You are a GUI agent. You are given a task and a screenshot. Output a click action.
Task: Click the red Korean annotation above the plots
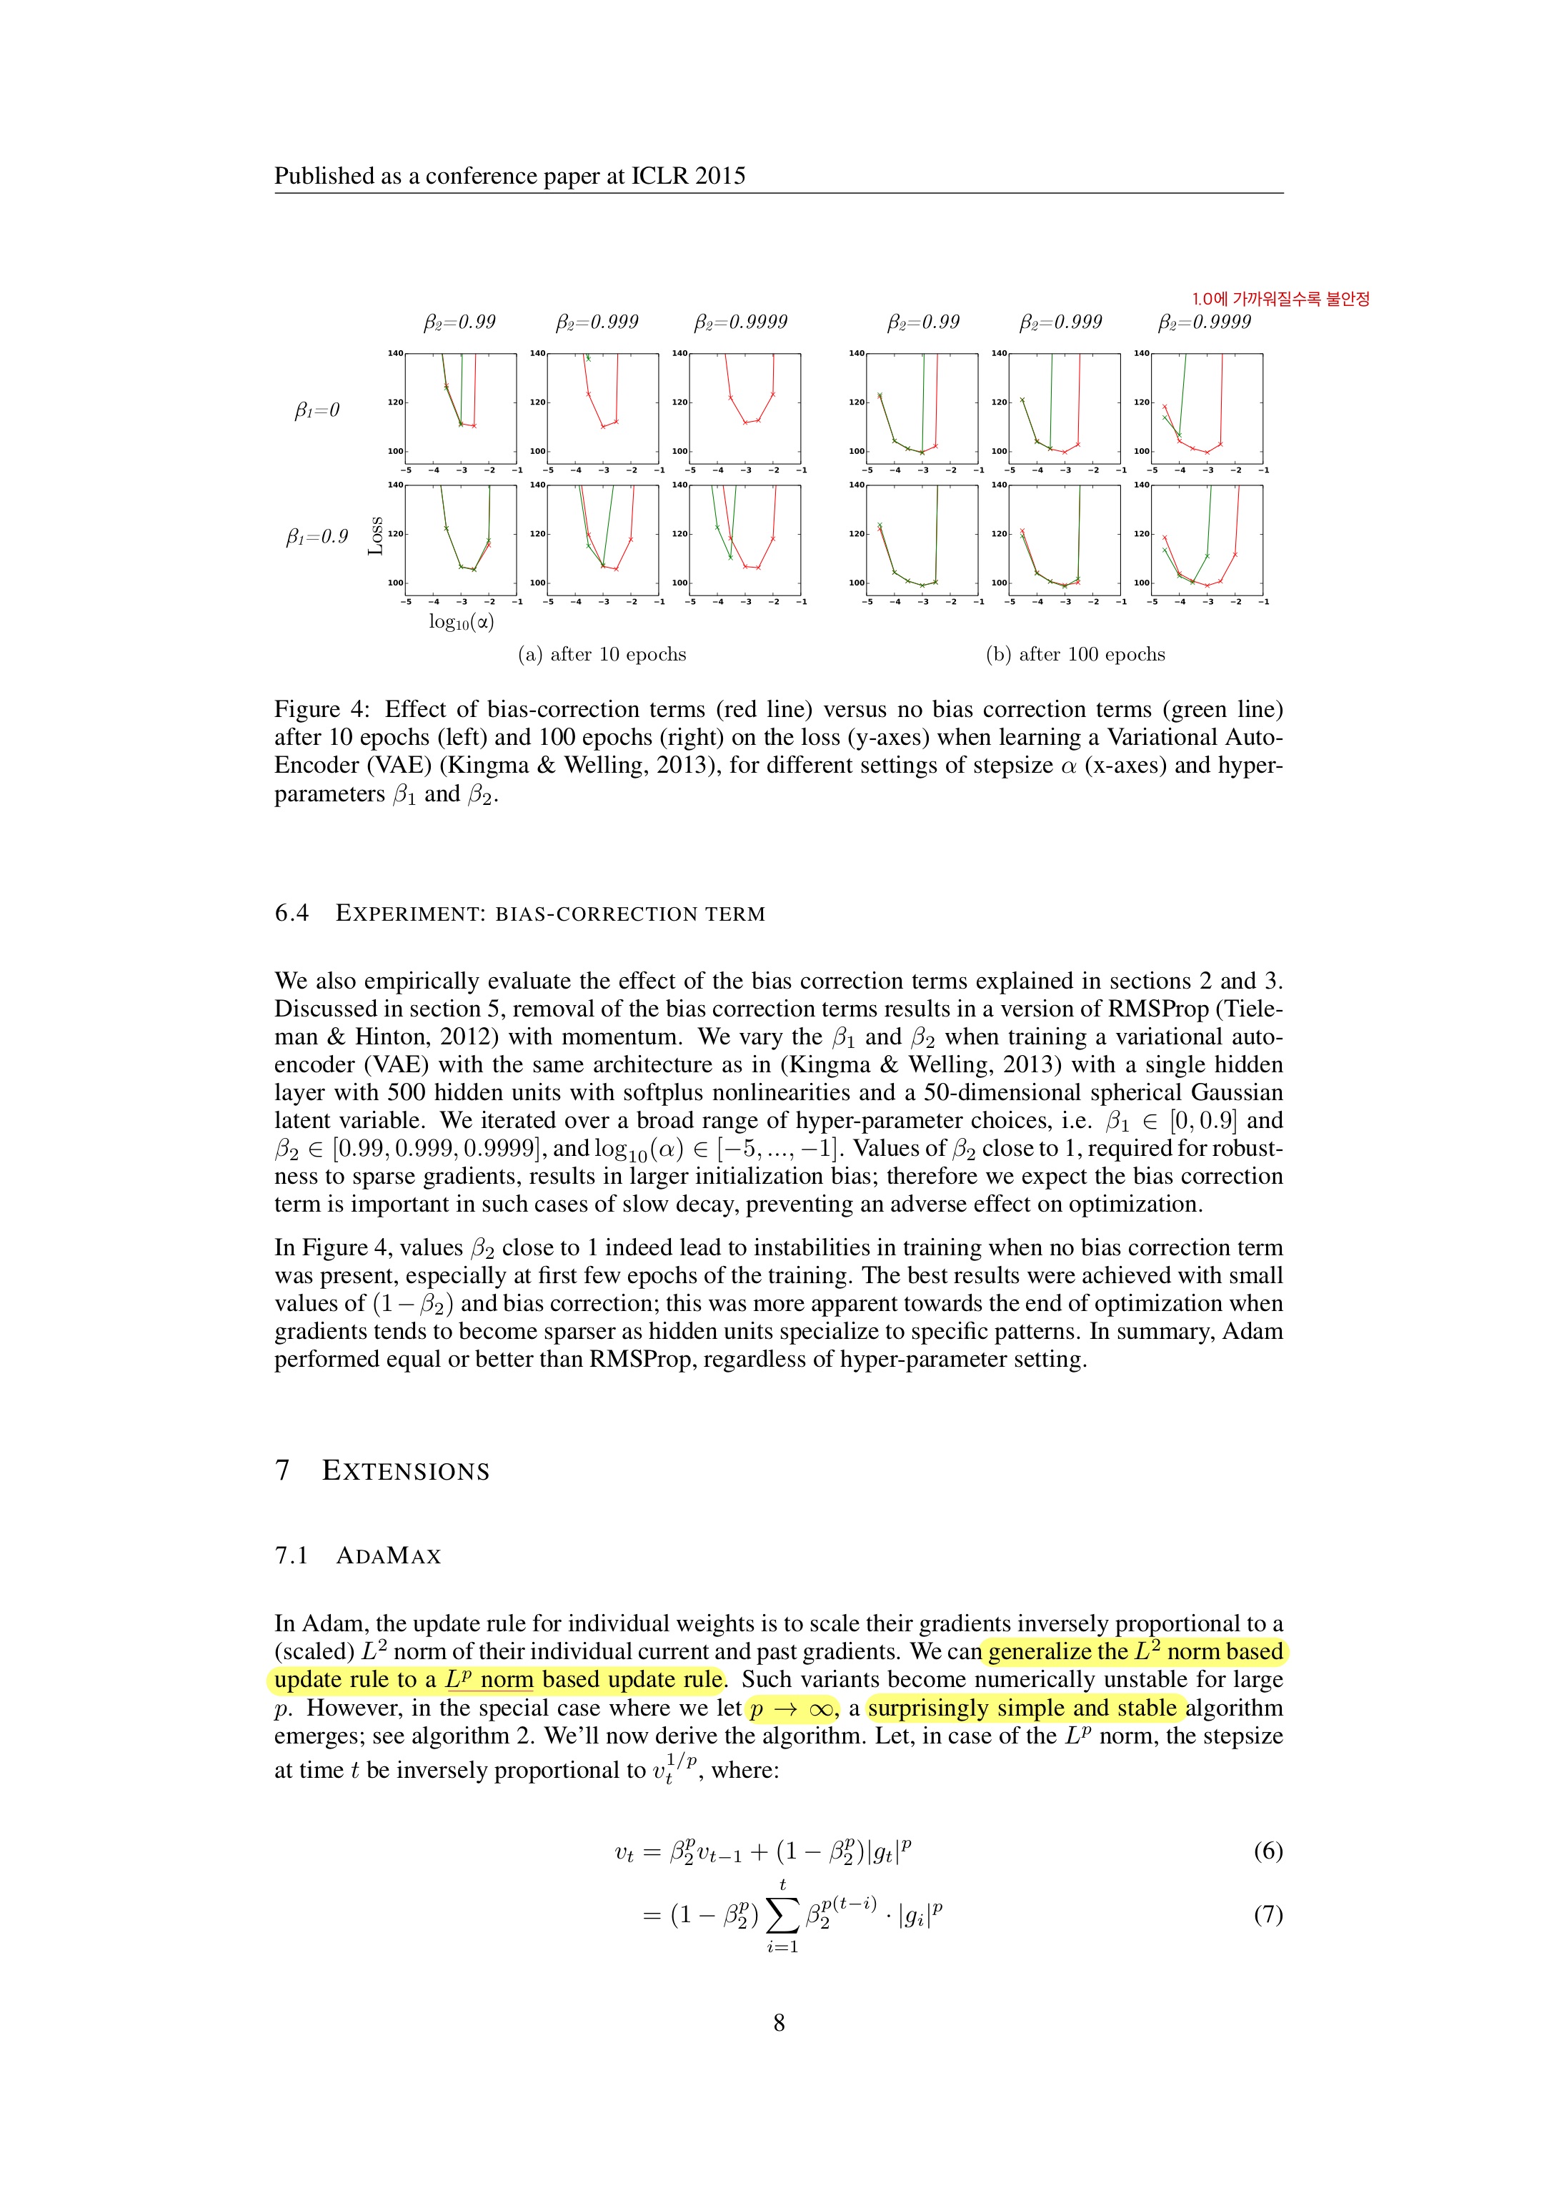coord(1280,299)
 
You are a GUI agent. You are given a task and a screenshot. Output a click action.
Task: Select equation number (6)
coord(1268,1851)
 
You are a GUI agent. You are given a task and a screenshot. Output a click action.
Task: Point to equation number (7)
coord(1268,1915)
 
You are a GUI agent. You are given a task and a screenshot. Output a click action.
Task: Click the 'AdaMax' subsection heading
coord(388,1555)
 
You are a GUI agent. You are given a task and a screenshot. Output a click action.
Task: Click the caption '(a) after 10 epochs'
coord(602,654)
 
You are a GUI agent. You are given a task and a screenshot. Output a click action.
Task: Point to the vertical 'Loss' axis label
coord(376,536)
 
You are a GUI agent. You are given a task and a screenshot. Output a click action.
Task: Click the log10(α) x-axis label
coord(461,622)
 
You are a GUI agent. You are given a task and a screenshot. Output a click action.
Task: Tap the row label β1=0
coord(317,410)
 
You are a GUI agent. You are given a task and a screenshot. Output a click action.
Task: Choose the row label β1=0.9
coord(317,536)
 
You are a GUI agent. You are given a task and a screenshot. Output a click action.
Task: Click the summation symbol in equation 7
coord(783,1916)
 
